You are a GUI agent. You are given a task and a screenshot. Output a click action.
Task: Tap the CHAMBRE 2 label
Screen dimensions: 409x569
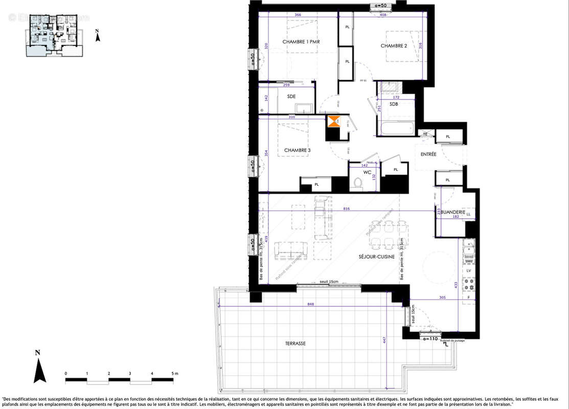[x=394, y=46]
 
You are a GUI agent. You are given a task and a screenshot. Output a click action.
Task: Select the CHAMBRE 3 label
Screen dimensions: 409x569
[x=297, y=150]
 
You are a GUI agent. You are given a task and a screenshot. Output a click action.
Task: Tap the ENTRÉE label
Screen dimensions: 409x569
[x=428, y=154]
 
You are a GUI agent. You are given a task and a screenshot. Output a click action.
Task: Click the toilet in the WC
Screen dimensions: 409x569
[x=358, y=183]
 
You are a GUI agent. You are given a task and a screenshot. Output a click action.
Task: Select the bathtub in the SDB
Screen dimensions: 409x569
[x=396, y=128]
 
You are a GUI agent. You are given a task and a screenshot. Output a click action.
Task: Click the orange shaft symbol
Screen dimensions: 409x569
[x=333, y=122]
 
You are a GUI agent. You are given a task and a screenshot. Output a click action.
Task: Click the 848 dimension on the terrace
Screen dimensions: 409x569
[x=310, y=304]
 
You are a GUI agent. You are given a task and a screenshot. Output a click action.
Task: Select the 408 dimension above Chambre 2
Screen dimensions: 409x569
[x=382, y=15]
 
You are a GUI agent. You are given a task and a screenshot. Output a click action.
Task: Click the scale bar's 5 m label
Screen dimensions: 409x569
[x=174, y=374]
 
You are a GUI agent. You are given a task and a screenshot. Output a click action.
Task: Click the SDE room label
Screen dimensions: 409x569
[x=291, y=96]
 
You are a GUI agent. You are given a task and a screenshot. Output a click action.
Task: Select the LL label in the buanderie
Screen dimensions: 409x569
[x=468, y=215]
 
